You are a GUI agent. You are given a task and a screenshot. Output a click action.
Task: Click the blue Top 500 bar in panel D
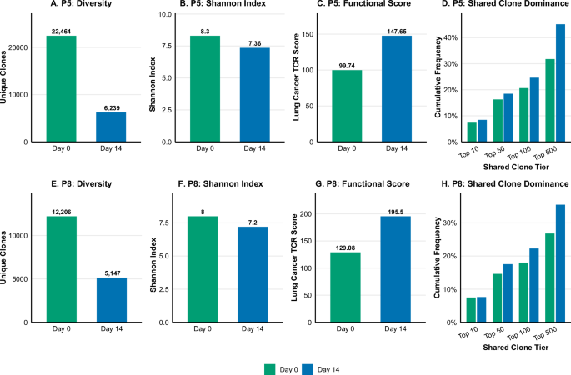coord(560,82)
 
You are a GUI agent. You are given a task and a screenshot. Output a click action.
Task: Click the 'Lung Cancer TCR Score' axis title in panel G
coord(301,258)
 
